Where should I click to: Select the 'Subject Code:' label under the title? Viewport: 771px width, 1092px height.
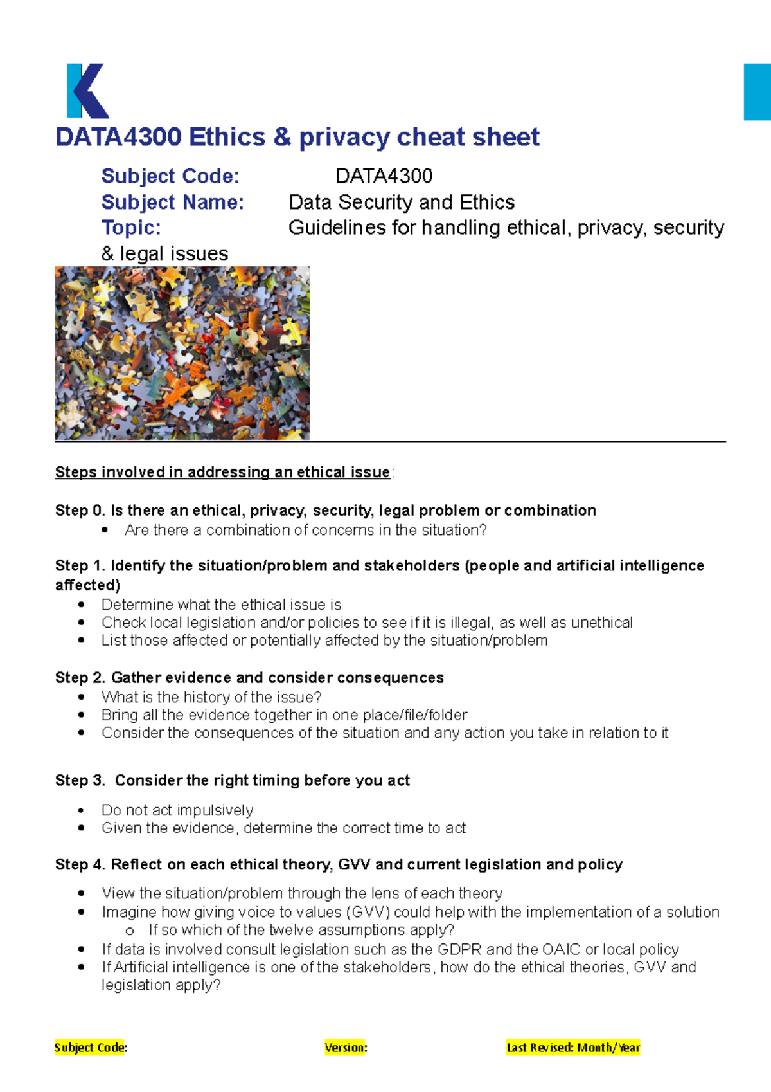[x=170, y=176]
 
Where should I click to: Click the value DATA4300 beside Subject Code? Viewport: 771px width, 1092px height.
[x=384, y=176]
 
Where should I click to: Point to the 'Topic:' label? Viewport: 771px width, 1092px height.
[x=131, y=228]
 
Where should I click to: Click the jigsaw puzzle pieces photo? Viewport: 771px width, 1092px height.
[x=182, y=353]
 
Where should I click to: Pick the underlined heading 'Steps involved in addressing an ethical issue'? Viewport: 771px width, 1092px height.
[x=222, y=472]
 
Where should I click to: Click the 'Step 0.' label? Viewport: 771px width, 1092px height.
[x=80, y=511]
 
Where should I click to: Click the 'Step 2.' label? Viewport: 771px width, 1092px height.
[x=80, y=678]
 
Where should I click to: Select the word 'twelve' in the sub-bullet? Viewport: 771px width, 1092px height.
[x=291, y=931]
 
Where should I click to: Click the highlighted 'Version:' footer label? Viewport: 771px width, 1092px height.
[x=346, y=1048]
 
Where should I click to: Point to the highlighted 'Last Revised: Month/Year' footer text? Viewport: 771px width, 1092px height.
[x=573, y=1048]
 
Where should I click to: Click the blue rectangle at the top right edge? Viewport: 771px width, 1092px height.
[x=758, y=92]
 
